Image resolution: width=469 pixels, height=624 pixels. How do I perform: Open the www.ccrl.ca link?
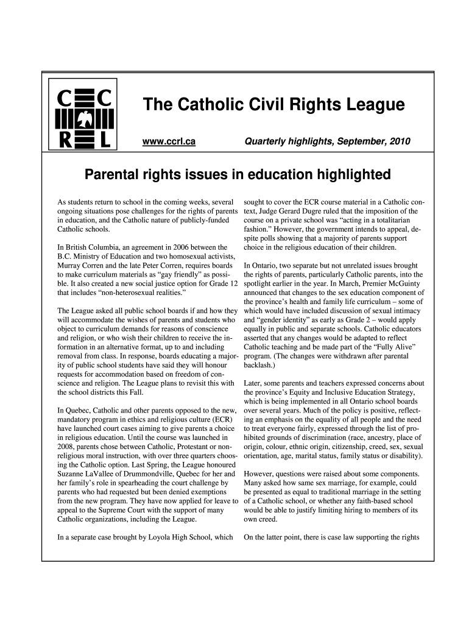168,141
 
